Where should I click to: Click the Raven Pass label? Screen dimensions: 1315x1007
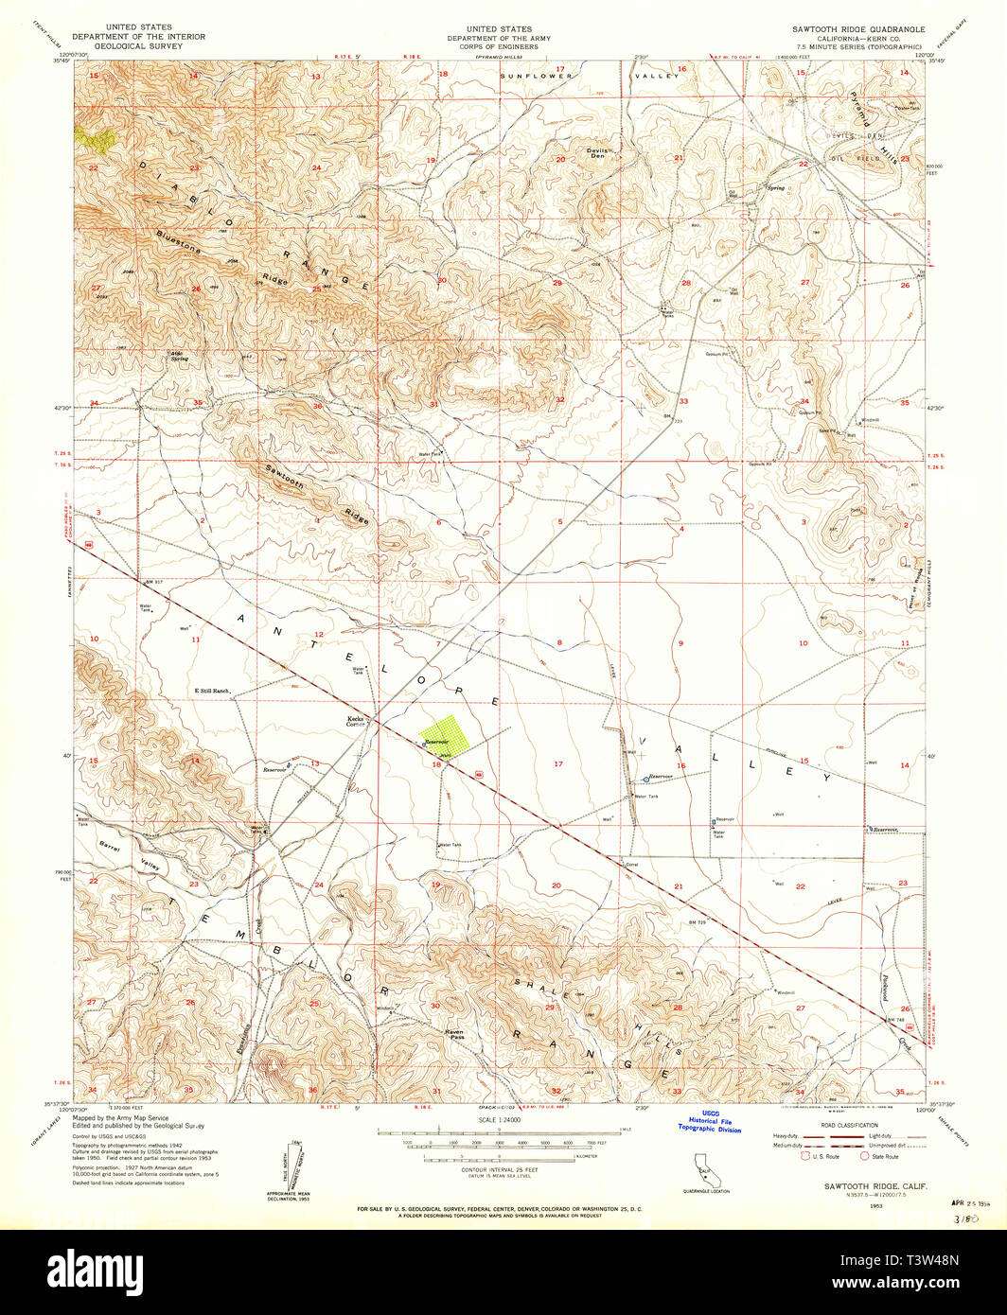click(455, 1035)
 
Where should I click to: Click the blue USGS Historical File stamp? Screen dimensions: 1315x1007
click(709, 1122)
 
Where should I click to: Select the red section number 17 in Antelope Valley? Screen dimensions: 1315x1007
click(558, 763)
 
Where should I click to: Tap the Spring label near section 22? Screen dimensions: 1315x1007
click(776, 187)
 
